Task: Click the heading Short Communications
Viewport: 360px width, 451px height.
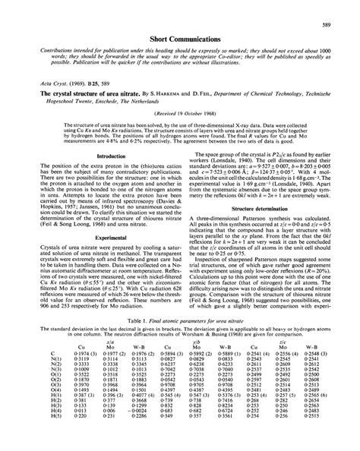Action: tap(180, 36)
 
